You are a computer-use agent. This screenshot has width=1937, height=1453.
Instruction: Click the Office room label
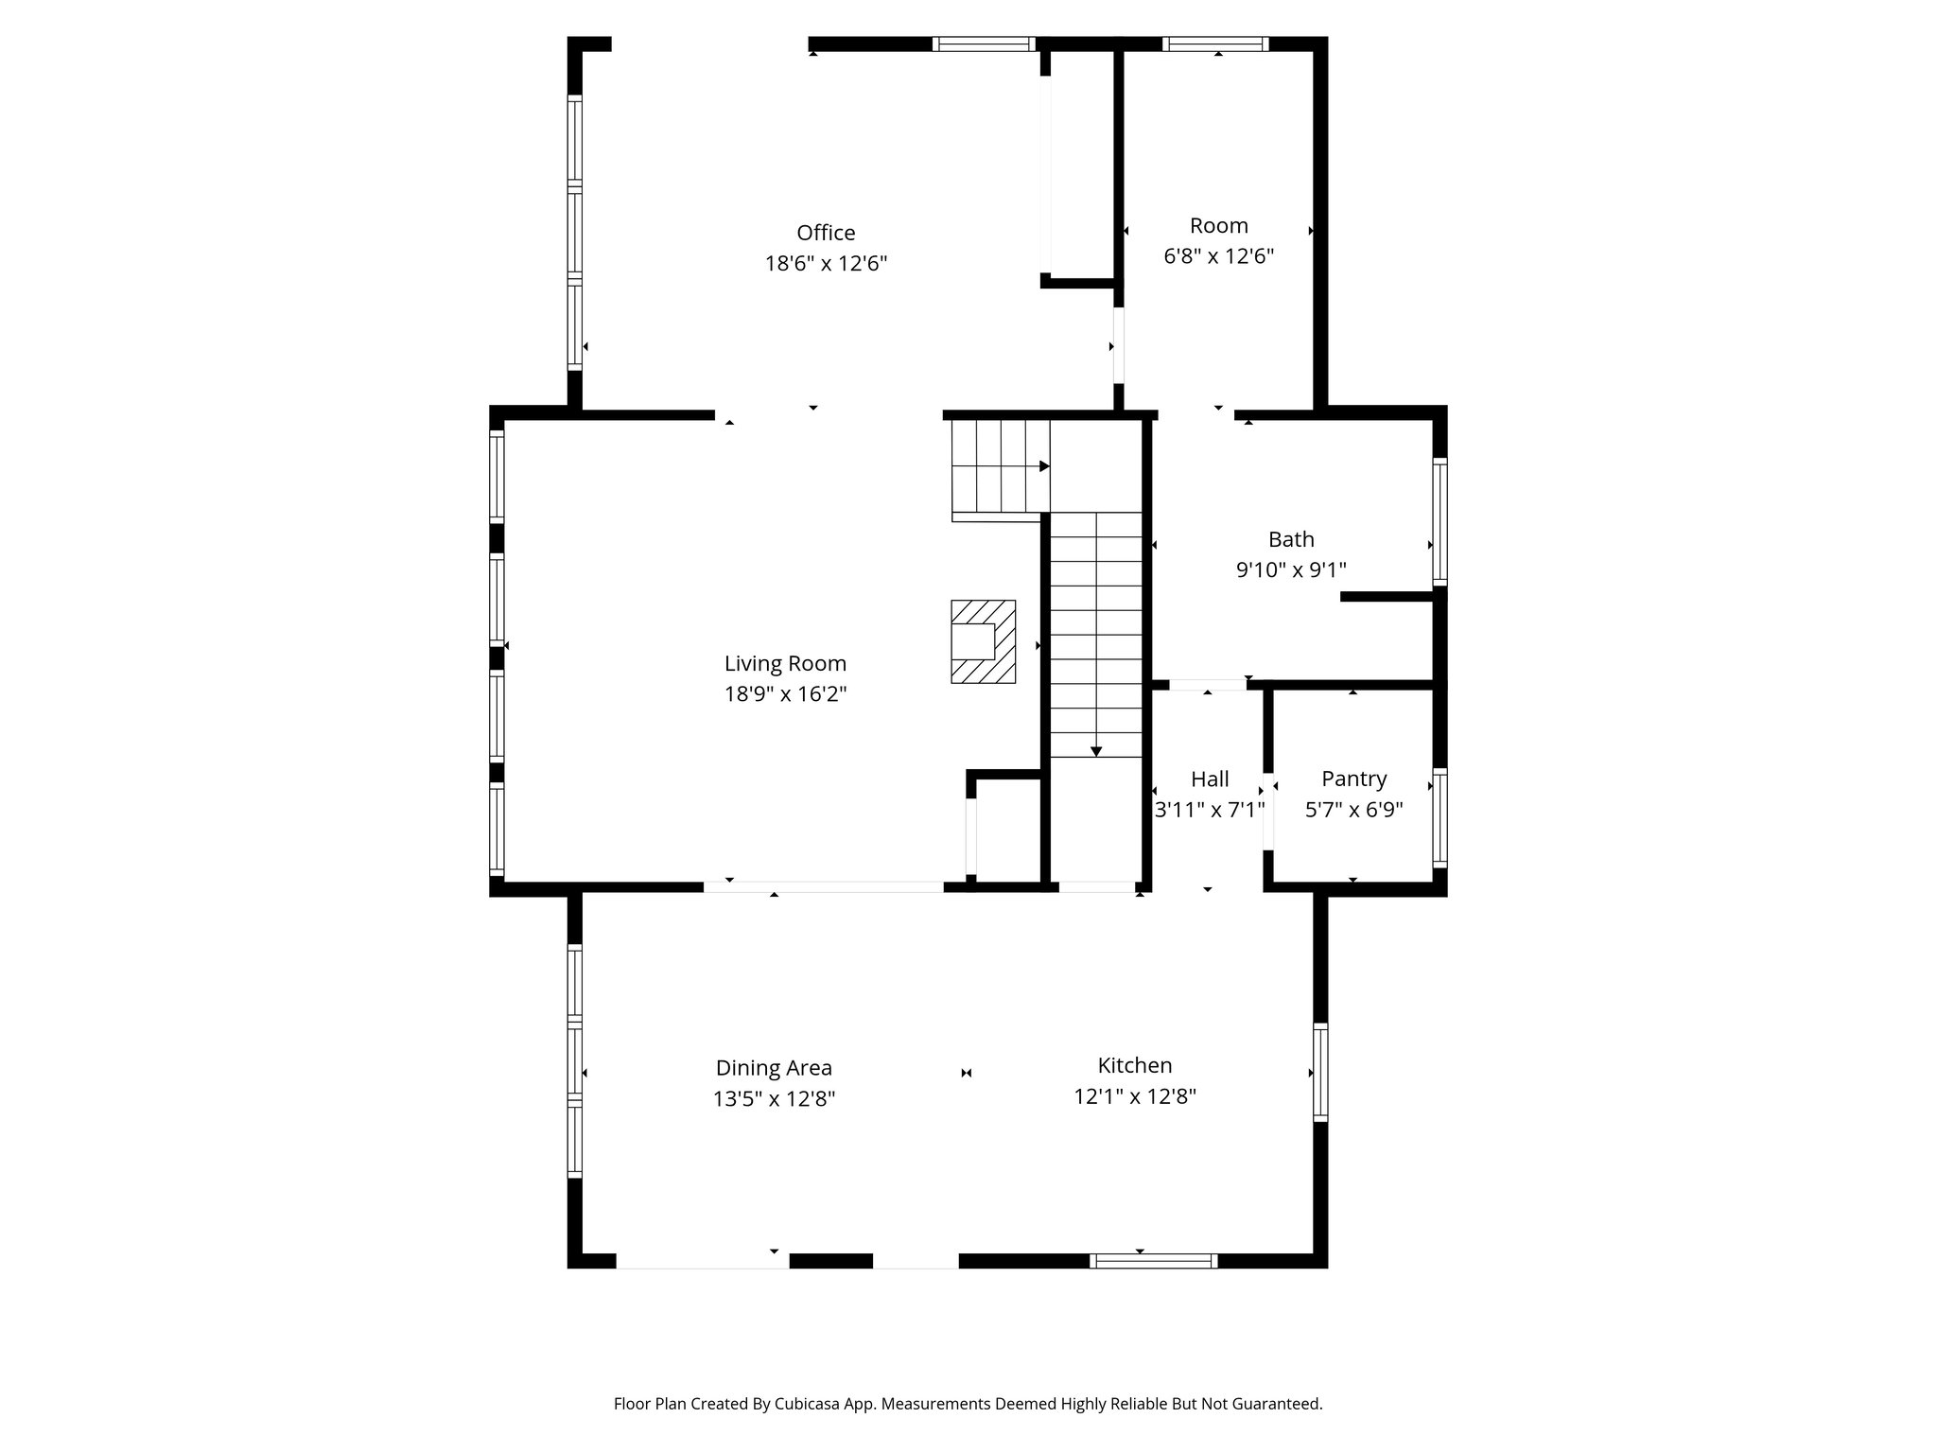click(x=826, y=233)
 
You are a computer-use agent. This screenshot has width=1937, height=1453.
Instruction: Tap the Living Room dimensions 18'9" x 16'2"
click(x=785, y=694)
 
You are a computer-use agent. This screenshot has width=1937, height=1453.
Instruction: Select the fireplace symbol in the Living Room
click(x=983, y=641)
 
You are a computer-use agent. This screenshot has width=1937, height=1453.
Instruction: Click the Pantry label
click(x=1354, y=779)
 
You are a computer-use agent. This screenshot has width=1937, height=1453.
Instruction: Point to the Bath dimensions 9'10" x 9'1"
click(x=1291, y=569)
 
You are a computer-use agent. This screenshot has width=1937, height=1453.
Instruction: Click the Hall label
click(x=1210, y=779)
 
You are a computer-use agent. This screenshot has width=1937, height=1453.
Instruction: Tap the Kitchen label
click(x=1135, y=1065)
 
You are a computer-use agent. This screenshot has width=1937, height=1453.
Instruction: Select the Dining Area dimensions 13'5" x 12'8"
click(x=774, y=1099)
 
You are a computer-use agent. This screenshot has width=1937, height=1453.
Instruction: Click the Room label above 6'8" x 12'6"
click(x=1218, y=225)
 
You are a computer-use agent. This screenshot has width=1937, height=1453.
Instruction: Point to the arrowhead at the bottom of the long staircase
click(x=1096, y=752)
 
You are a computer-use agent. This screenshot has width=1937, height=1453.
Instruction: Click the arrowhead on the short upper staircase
click(x=1044, y=466)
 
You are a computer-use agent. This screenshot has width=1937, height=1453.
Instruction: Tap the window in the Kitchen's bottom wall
click(x=1153, y=1260)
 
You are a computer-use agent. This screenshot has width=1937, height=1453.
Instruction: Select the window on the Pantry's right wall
click(x=1440, y=818)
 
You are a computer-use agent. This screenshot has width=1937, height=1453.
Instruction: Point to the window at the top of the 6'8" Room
click(x=1215, y=44)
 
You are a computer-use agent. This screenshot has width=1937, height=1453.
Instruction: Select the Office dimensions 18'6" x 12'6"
click(x=826, y=263)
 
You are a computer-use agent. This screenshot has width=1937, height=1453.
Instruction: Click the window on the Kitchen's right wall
click(x=1320, y=1073)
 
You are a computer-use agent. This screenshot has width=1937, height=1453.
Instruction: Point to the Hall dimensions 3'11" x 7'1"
click(x=1210, y=810)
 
